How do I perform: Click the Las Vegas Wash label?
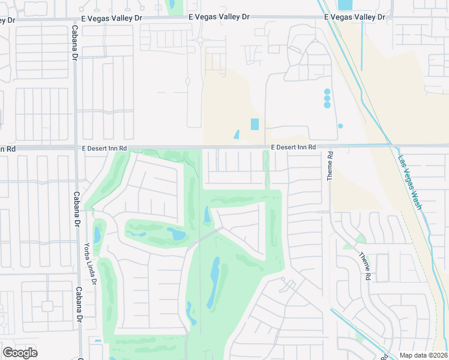pyautogui.click(x=410, y=182)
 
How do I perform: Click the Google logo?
pyautogui.click(x=20, y=353)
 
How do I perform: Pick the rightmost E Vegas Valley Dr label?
pyautogui.click(x=354, y=17)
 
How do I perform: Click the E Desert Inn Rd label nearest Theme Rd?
pyautogui.click(x=293, y=147)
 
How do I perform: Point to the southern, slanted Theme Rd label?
pyautogui.click(x=365, y=266)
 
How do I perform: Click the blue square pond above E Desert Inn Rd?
pyautogui.click(x=255, y=124)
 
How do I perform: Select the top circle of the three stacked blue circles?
pyautogui.click(x=327, y=92)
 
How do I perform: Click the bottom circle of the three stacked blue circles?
pyautogui.click(x=327, y=105)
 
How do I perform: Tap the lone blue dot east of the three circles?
pyautogui.click(x=340, y=126)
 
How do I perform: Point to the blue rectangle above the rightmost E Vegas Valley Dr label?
pyautogui.click(x=345, y=5)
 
